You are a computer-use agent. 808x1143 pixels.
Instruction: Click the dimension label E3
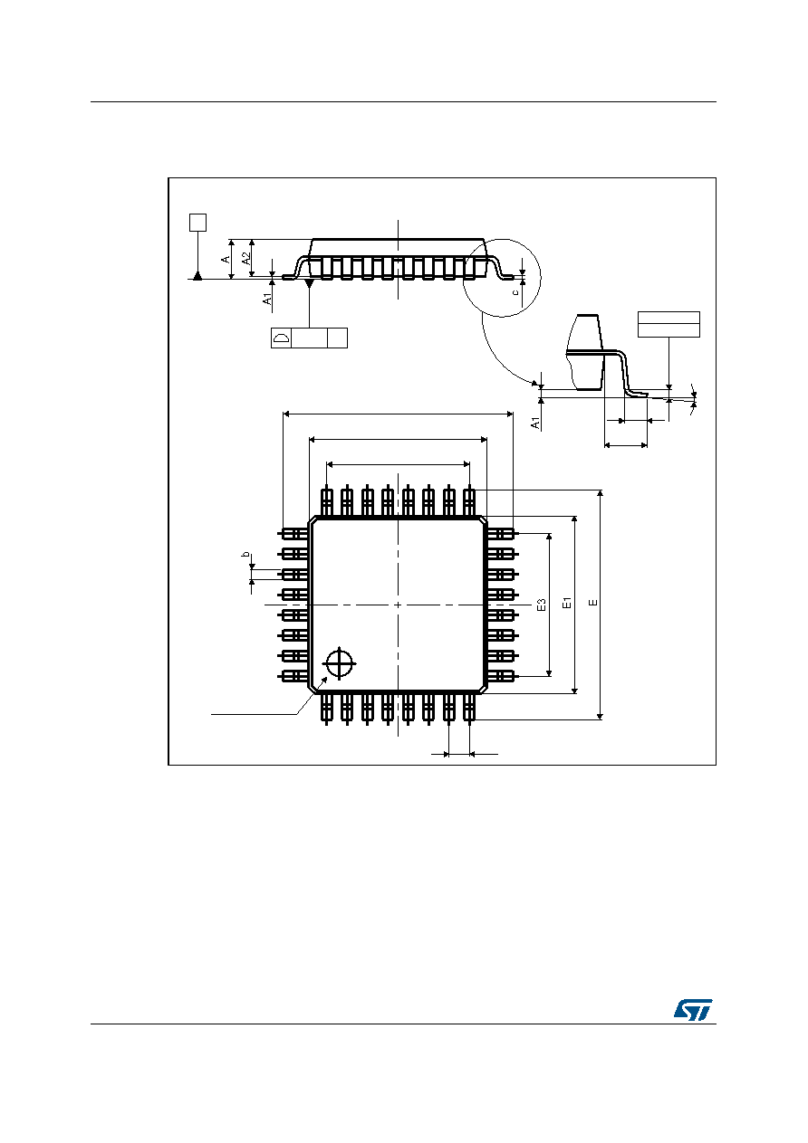[542, 605]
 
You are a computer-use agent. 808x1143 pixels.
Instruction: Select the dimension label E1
[566, 603]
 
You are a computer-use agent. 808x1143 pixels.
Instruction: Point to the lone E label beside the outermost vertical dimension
[593, 603]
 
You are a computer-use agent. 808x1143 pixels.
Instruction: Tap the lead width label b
[245, 554]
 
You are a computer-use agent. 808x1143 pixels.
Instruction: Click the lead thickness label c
[515, 292]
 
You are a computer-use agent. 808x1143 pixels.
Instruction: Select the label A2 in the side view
[246, 259]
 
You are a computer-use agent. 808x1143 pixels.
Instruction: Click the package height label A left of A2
[226, 260]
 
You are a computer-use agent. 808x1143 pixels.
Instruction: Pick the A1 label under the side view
[267, 299]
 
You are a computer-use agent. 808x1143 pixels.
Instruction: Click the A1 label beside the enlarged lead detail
[535, 423]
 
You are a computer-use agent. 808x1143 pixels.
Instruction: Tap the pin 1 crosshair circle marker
[339, 663]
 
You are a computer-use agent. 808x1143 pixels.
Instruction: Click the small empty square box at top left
[197, 223]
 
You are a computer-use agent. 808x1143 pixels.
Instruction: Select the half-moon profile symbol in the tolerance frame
[281, 338]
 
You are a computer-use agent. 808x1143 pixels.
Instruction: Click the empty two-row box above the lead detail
[669, 324]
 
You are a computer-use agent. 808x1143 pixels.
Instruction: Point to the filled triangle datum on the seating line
[197, 275]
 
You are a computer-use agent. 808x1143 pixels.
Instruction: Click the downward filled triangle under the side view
[309, 282]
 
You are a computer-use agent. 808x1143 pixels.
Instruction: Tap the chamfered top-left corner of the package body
[313, 520]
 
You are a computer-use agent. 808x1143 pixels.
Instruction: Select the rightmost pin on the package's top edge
[469, 502]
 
